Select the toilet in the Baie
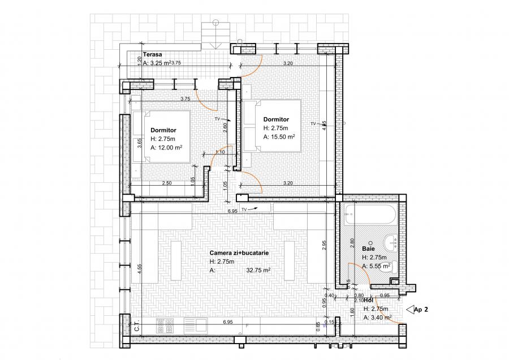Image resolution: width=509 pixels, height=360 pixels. (387, 270)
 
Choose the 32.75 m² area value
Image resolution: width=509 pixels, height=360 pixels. (257, 271)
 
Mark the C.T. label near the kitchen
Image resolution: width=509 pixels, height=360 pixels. (137, 326)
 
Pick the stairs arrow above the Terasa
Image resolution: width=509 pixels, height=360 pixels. (215, 23)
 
